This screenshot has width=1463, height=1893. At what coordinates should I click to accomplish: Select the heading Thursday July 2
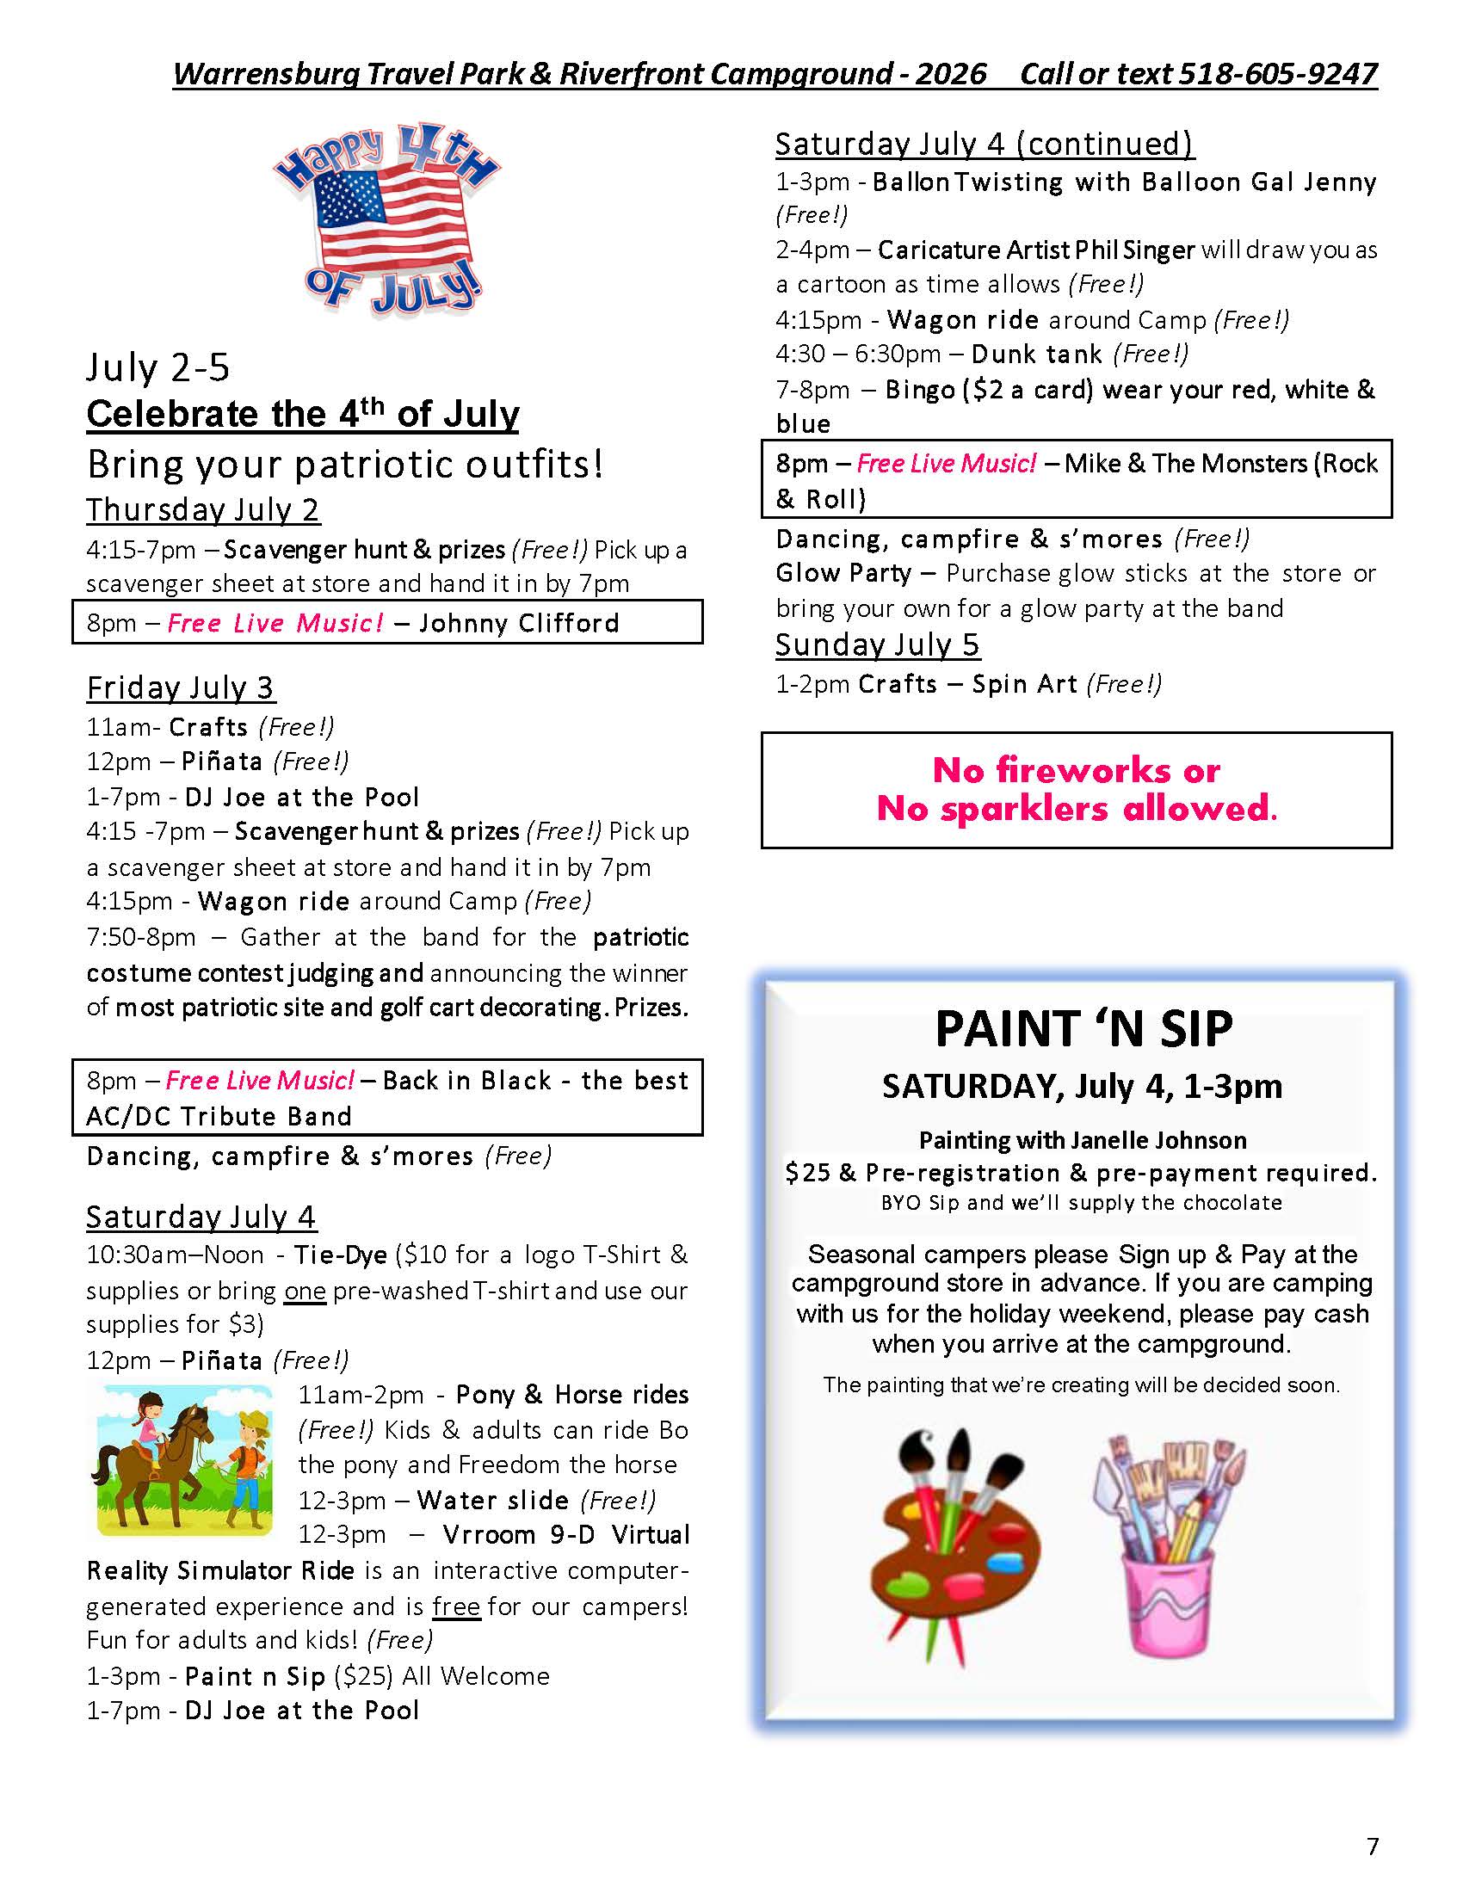pyautogui.click(x=203, y=509)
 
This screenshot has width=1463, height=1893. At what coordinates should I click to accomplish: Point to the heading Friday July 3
pyautogui.click(x=180, y=688)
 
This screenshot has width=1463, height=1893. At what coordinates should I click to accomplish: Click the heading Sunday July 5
pyautogui.click(x=877, y=644)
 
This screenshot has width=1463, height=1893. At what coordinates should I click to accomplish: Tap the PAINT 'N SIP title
pyautogui.click(x=1083, y=1030)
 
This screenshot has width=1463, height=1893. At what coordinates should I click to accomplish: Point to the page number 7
pyautogui.click(x=1372, y=1847)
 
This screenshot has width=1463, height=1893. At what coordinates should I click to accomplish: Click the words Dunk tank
pyautogui.click(x=1037, y=355)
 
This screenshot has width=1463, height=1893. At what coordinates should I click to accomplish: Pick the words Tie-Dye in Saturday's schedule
pyautogui.click(x=340, y=1255)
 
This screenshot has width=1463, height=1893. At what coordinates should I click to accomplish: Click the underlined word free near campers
pyautogui.click(x=456, y=1606)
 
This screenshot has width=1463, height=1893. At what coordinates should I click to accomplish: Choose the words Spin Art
pyautogui.click(x=1024, y=685)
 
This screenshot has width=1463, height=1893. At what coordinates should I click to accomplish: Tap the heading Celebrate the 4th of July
pyautogui.click(x=302, y=415)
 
